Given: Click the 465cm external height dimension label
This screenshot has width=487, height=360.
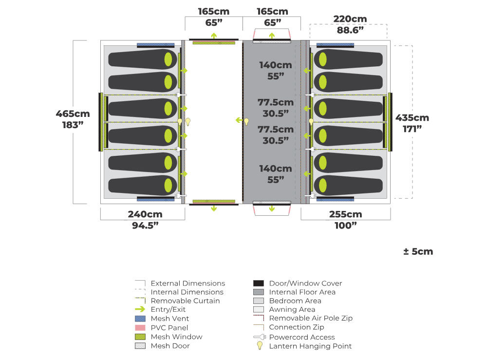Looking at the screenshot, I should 73,114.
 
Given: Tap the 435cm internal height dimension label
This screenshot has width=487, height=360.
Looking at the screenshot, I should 412,118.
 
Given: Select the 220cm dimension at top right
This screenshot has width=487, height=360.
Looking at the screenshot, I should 350,19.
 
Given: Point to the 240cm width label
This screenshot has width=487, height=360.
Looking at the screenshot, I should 145,214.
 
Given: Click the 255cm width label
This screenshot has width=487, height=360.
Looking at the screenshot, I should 345,214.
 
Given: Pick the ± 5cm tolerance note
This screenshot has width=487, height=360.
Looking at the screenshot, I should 418,251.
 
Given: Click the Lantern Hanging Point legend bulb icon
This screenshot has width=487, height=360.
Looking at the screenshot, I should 260,345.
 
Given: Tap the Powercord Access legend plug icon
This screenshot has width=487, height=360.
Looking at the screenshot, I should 259,337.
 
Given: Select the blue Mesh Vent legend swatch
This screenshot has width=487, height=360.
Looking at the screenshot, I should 140,319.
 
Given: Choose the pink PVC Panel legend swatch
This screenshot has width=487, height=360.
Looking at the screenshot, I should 140,328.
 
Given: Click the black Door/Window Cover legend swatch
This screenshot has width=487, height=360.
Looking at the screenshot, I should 259,283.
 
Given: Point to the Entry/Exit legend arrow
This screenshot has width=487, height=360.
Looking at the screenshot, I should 140,309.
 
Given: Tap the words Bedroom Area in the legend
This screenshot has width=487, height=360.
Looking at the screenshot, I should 295,301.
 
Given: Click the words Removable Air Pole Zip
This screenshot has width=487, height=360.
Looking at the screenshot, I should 311,318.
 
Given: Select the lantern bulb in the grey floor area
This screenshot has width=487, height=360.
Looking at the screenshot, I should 246,121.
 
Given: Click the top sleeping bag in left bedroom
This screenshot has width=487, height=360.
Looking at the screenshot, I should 142,59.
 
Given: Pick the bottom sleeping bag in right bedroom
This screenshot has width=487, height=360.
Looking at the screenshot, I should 348,186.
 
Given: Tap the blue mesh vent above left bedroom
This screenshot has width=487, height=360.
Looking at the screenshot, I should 155,45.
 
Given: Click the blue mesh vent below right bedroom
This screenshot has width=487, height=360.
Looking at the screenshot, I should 335,199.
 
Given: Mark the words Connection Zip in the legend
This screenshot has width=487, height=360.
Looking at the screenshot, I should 297,327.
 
